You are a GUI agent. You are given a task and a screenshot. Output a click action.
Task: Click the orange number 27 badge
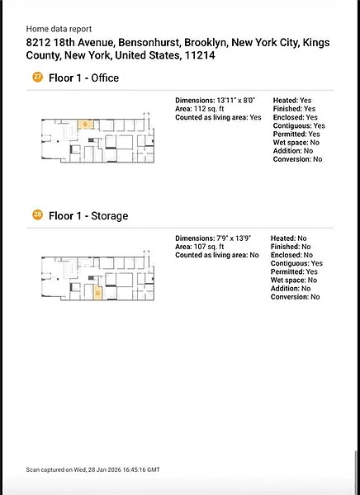pos(37,77)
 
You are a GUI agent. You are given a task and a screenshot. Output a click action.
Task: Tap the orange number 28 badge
pos(37,215)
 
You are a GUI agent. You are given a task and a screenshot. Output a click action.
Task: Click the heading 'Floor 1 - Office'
pos(83,78)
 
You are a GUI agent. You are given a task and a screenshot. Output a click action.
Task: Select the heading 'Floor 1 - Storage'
pos(88,216)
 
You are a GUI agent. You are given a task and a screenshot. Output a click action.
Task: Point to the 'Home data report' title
pos(59,29)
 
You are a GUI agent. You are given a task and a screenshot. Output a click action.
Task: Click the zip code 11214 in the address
pos(200,55)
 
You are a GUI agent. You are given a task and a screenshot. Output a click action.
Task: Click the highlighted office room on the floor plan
pos(86,125)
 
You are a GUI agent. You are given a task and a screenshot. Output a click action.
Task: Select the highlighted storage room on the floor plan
pos(98,293)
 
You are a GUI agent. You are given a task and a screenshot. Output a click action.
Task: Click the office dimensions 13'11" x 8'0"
pos(236,101)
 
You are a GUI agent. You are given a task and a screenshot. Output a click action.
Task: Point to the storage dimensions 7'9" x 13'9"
pos(234,238)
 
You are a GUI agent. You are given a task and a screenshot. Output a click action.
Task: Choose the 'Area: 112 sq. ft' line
pos(200,109)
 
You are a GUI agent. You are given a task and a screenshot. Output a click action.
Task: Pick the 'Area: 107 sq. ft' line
pos(200,247)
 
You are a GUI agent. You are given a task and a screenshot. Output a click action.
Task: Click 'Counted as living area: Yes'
pos(219,117)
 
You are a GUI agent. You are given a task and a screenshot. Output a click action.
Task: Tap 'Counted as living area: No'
pos(217,256)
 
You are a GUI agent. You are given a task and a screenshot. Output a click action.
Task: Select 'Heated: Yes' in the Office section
pos(292,101)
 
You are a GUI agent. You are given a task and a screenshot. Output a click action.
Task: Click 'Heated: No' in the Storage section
pos(288,238)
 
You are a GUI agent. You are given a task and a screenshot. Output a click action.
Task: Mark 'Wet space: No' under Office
pos(296,143)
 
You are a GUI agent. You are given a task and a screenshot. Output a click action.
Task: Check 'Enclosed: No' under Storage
pos(291,255)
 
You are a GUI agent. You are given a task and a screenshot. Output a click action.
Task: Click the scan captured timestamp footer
pos(93,469)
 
